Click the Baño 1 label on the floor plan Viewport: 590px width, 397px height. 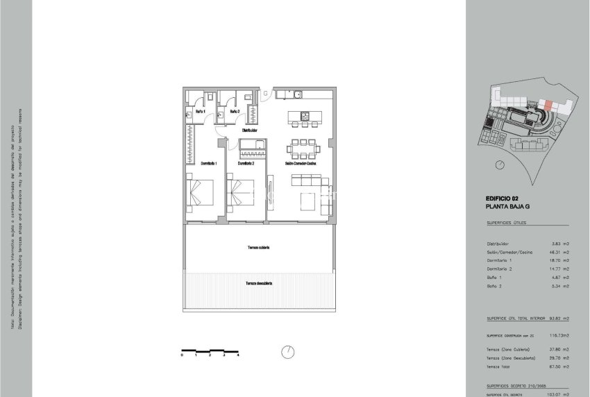201,111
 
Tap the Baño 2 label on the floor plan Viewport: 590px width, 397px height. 234,111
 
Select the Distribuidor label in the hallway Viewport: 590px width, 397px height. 250,130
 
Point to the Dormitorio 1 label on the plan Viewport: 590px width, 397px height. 209,164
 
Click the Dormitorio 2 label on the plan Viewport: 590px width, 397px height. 246,164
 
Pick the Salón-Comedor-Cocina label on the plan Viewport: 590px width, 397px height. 301,164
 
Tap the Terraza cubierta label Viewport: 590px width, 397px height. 258,248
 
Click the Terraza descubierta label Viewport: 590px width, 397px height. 258,283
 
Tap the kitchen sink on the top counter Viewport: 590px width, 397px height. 296,94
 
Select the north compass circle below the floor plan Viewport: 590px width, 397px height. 287,352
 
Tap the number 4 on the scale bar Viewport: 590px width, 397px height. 238,355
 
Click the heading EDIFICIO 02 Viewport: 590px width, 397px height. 502,199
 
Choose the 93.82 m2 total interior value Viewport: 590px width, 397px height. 559,319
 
